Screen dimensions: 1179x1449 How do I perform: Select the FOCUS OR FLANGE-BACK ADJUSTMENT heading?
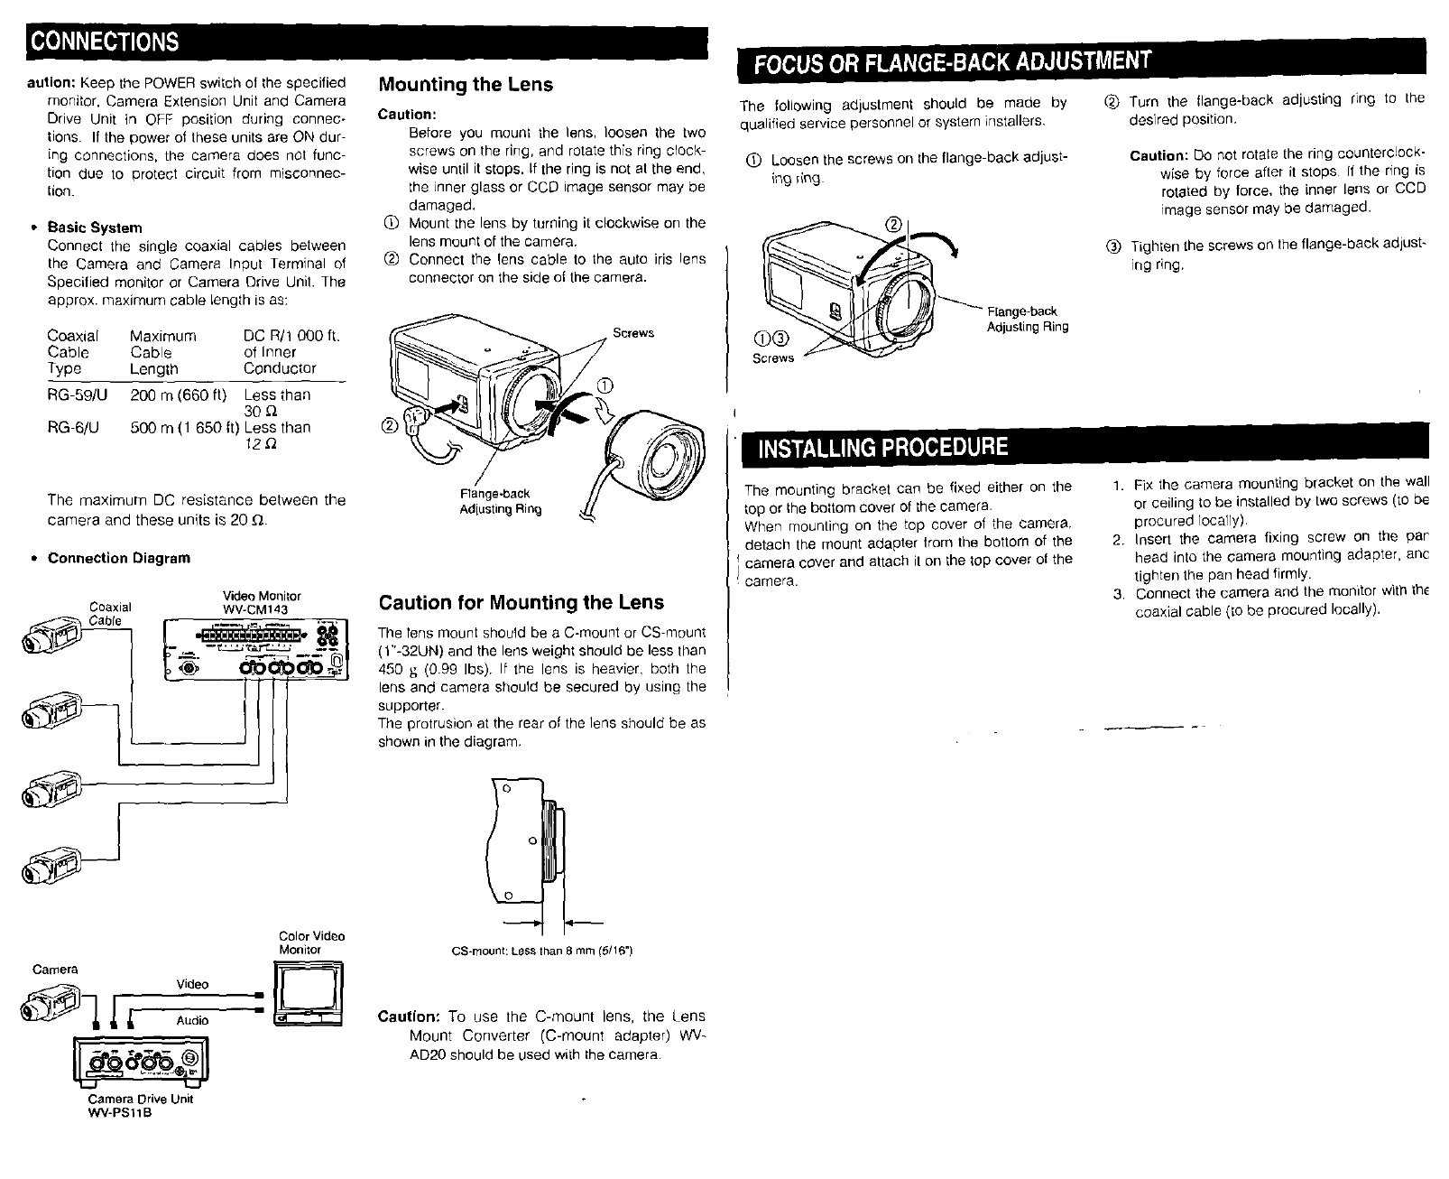[952, 62]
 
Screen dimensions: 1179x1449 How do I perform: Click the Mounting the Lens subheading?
[465, 85]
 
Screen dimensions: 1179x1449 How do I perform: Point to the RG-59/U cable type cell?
[75, 395]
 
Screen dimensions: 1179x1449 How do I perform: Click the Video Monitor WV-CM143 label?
[262, 602]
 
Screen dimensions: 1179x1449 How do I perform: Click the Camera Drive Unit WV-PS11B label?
[140, 1105]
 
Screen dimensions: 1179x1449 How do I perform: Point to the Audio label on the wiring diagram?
[192, 1020]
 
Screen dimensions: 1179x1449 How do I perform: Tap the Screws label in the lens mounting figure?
[632, 333]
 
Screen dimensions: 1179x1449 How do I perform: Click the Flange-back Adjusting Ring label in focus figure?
[1027, 319]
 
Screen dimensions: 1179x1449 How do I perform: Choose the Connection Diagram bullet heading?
[118, 558]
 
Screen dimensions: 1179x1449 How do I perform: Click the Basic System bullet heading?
[94, 227]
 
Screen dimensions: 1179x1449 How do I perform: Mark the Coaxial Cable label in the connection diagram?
[110, 613]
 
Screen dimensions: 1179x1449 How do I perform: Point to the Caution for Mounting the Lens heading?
[521, 602]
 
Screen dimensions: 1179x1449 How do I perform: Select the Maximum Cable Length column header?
[162, 352]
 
